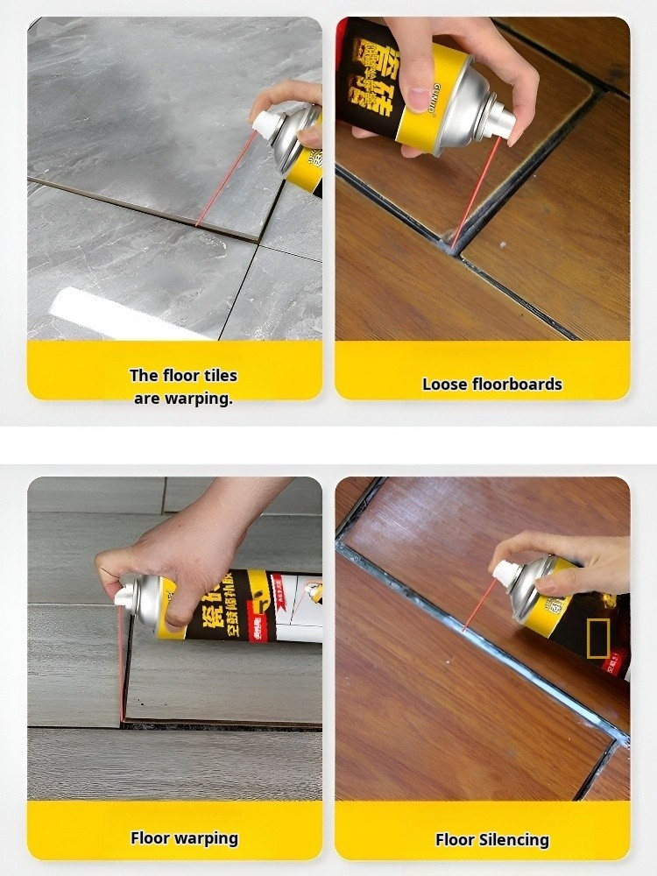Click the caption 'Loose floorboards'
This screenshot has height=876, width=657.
coord(491,384)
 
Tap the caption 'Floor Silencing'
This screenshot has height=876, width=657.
coord(492,839)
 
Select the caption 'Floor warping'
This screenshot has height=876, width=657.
coord(184,837)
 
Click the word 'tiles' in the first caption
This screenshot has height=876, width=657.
coord(215,375)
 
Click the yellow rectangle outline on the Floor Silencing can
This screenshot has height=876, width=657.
coord(598,637)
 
